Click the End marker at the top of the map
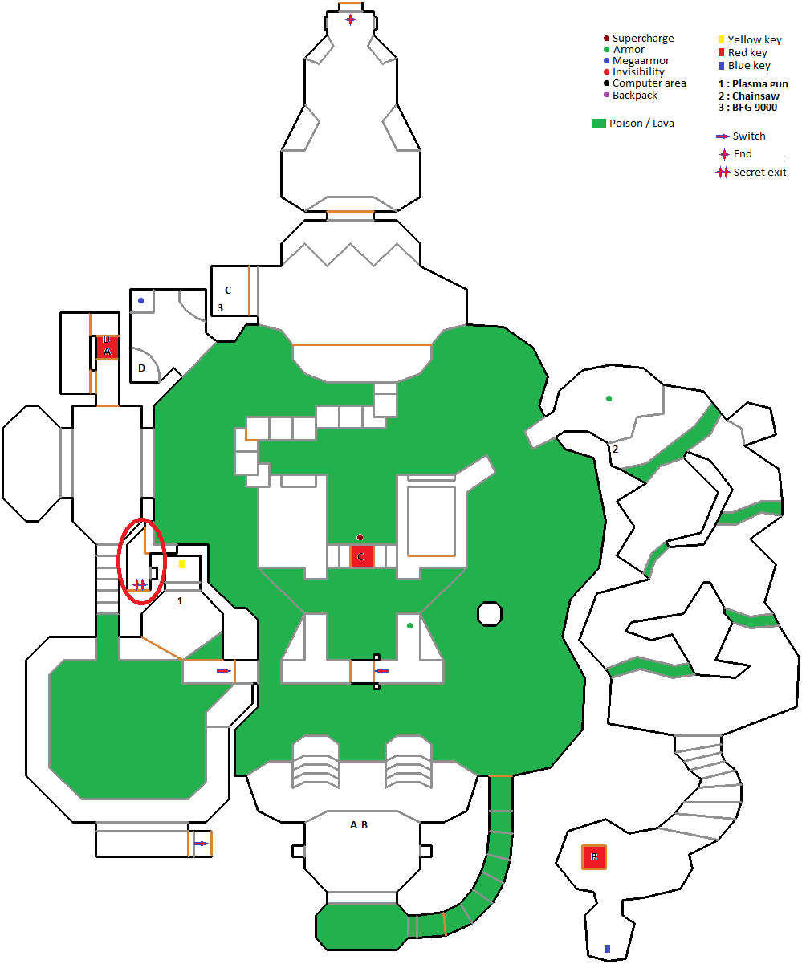351,19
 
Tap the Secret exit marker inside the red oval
140,584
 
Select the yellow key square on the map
182,564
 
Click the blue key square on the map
607,948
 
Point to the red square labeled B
594,857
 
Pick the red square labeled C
361,556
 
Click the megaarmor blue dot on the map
140,300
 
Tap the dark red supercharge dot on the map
360,537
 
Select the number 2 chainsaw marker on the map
616,449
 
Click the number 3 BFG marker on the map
220,307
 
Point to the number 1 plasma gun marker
180,600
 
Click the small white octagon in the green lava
490,614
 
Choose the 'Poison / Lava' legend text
641,124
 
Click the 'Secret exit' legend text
759,173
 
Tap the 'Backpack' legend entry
634,95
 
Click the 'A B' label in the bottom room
359,824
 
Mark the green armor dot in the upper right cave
609,398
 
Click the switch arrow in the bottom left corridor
201,844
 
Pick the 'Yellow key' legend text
755,39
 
